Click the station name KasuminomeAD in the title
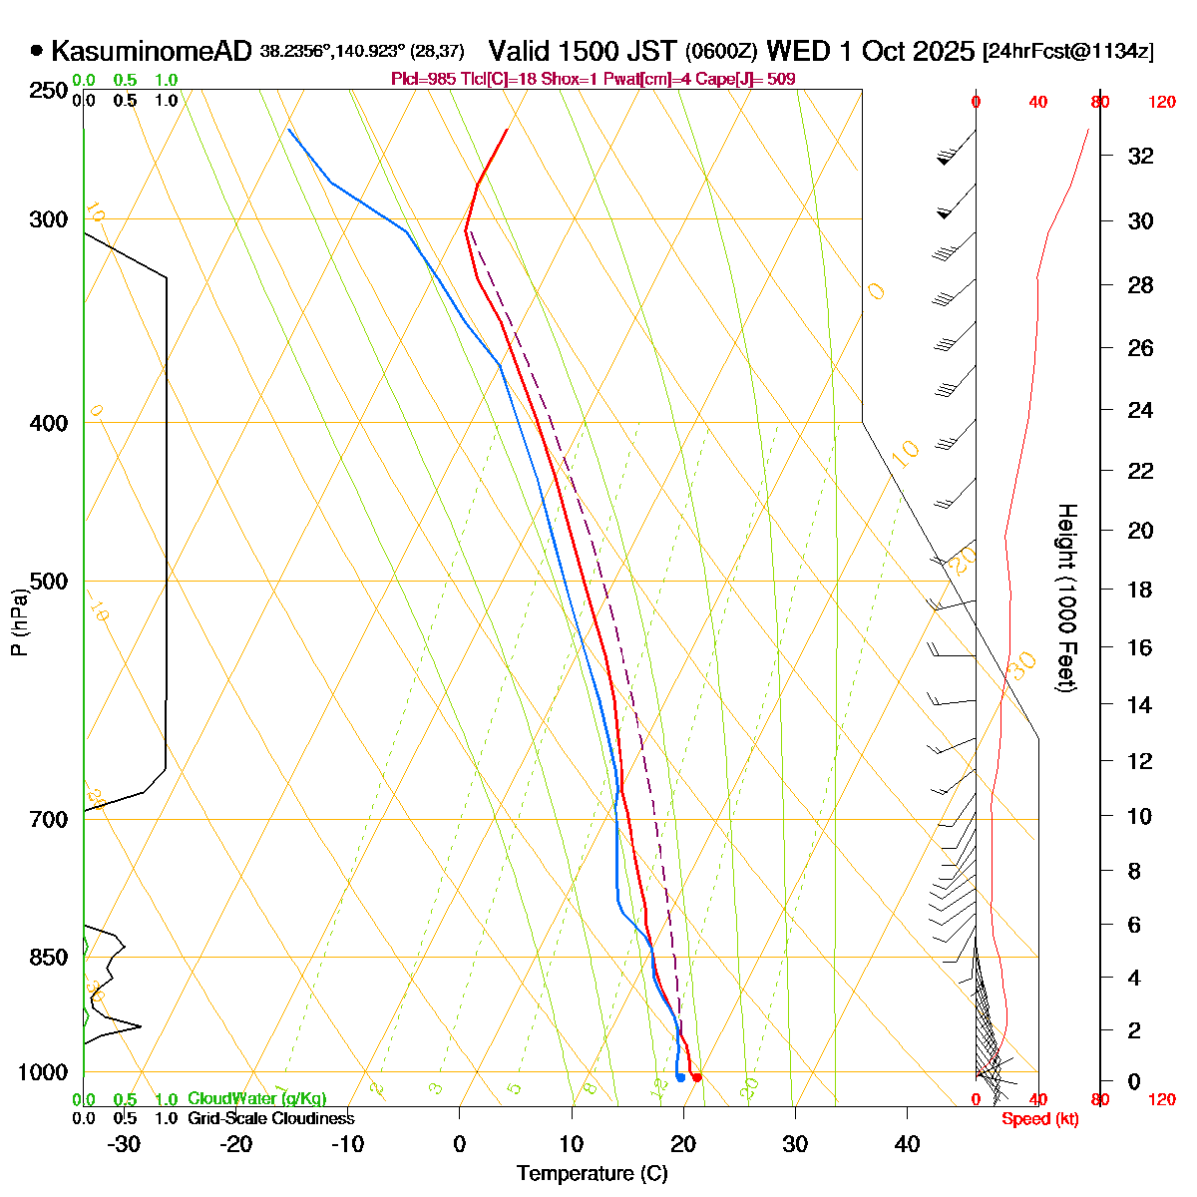click(151, 51)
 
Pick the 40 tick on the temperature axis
click(907, 1144)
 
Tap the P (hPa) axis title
click(19, 620)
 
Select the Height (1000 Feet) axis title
click(1066, 598)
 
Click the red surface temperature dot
click(696, 1076)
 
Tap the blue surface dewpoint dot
click(680, 1076)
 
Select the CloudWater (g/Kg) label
click(256, 1098)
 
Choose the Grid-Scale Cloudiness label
click(270, 1118)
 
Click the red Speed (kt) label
click(1040, 1118)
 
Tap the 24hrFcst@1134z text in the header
click(1068, 52)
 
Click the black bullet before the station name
click(37, 51)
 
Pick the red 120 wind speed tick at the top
click(1161, 102)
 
